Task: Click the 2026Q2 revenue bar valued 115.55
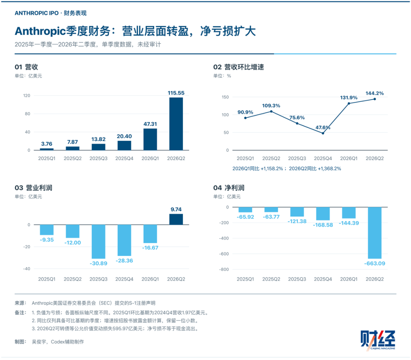point(176,124)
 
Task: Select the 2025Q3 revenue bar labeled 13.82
point(98,147)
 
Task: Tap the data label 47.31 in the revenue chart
point(150,124)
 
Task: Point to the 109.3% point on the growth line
point(271,111)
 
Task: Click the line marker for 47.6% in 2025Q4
point(323,133)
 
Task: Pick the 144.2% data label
point(374,93)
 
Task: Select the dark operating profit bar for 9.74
point(176,219)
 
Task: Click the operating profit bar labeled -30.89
point(98,242)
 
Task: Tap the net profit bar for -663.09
point(374,233)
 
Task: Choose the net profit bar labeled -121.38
point(297,212)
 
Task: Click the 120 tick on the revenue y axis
point(27,95)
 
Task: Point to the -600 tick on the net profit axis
point(224,254)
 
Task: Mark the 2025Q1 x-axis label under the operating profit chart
point(47,279)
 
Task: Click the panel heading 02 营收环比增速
point(239,67)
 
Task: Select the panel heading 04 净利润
point(229,188)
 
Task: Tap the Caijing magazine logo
point(378,340)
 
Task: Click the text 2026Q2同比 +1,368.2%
point(315,169)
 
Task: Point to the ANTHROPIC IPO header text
point(37,13)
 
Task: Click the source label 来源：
point(21,303)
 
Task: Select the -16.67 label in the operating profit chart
point(150,248)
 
